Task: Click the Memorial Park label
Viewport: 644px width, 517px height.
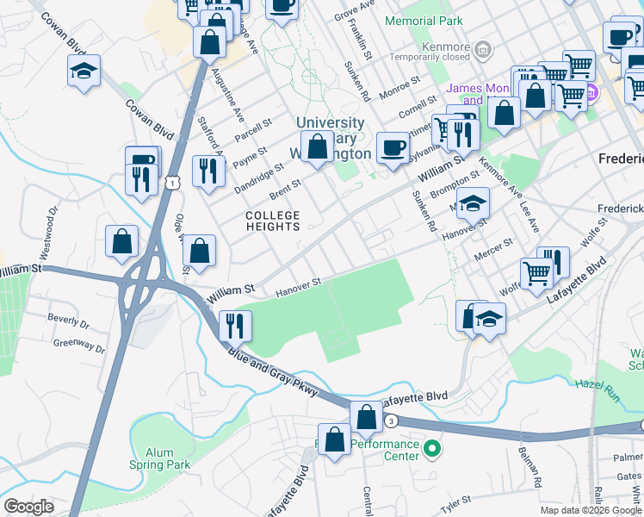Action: (x=424, y=20)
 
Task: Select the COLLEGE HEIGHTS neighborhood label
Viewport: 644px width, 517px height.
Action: (x=272, y=221)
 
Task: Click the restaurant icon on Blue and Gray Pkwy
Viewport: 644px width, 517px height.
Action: (x=235, y=325)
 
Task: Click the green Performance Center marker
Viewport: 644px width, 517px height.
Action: (x=434, y=447)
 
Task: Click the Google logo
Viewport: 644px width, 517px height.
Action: (x=29, y=507)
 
